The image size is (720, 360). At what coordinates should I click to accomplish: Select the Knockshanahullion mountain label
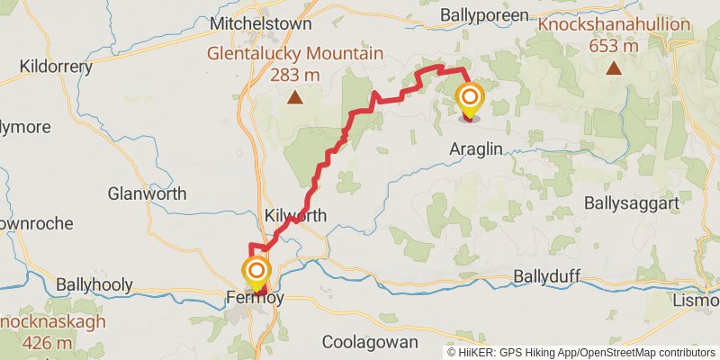(x=613, y=25)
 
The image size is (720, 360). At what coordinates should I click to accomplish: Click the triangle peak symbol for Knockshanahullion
(x=613, y=68)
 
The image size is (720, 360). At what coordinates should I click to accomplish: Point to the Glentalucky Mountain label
(x=295, y=54)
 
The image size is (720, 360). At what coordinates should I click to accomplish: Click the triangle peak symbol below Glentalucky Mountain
(x=294, y=96)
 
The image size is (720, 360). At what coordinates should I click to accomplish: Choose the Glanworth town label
(x=147, y=193)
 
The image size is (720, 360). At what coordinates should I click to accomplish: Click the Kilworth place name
(x=295, y=216)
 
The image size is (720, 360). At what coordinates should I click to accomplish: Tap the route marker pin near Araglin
(x=470, y=99)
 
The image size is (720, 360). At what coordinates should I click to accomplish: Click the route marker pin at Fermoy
(x=256, y=273)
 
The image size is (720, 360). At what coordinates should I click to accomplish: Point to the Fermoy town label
(x=255, y=300)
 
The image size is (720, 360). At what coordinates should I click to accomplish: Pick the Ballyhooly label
(x=94, y=284)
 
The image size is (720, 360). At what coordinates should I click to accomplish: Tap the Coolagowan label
(x=370, y=342)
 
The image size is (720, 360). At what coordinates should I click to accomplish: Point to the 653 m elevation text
(x=613, y=45)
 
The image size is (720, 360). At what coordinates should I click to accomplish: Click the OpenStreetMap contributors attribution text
(x=644, y=352)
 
